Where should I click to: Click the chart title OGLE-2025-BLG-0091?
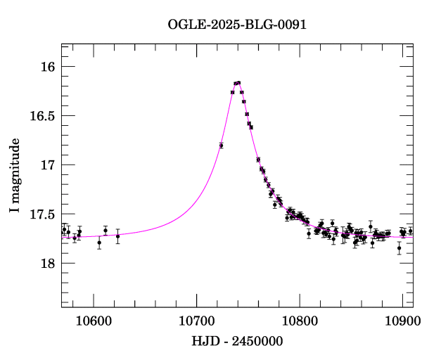237,25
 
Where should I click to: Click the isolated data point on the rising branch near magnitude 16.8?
222,146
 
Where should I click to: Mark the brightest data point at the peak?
238,82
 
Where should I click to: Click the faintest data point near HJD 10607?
99,243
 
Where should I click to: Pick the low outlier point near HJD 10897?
399,247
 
